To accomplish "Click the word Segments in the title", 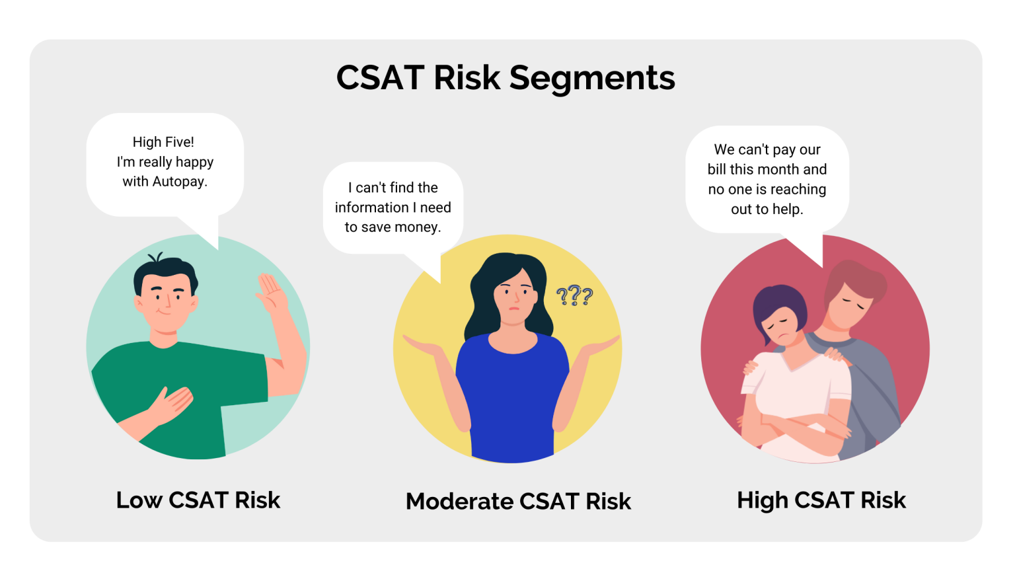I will click(592, 79).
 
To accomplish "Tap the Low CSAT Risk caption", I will click(198, 500).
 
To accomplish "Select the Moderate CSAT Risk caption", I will click(518, 502).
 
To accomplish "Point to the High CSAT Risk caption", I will click(821, 500).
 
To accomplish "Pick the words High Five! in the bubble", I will click(163, 142).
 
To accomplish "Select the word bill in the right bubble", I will click(716, 170).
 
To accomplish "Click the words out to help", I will click(767, 209).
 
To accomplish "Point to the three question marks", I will click(574, 295).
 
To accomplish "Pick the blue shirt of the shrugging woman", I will click(512, 397).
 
